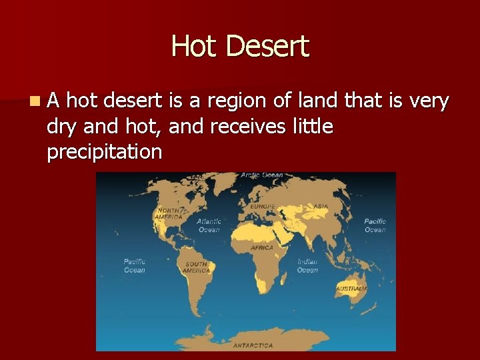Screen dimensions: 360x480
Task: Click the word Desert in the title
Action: (267, 47)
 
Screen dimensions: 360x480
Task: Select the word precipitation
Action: (105, 152)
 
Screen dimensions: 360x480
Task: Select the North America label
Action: (168, 213)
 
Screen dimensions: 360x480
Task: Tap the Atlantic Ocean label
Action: (209, 225)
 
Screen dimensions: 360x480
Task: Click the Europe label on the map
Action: (262, 207)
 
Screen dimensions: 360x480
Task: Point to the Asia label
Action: (321, 207)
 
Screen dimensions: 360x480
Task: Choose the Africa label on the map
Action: (262, 248)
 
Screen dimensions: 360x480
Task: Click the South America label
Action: (197, 267)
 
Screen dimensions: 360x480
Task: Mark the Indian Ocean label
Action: (307, 266)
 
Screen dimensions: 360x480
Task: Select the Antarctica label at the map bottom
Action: (253, 345)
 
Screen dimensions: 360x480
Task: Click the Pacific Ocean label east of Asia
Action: (375, 225)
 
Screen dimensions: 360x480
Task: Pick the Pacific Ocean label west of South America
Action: (135, 265)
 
